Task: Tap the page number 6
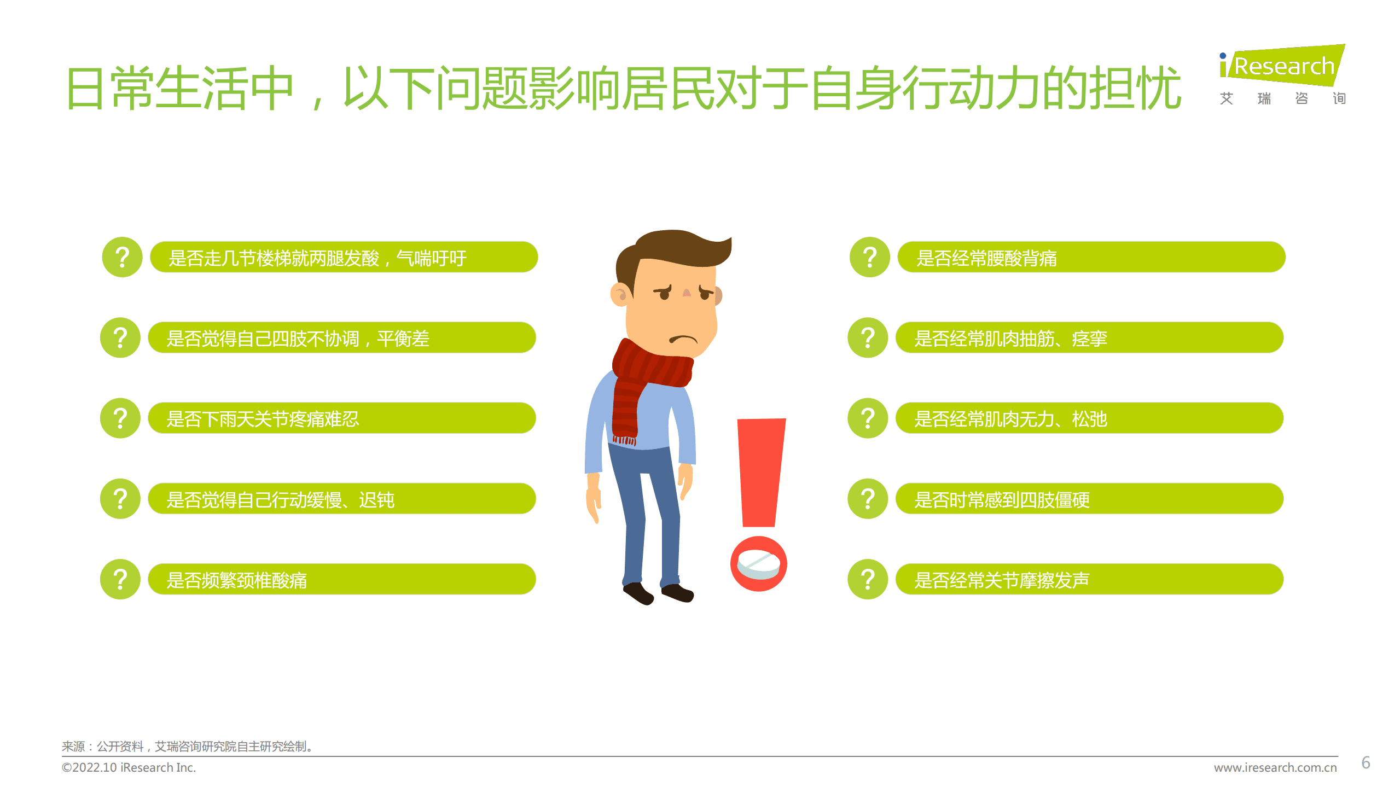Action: point(1366,762)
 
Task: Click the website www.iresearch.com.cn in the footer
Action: point(1275,767)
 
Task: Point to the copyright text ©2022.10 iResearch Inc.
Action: point(129,767)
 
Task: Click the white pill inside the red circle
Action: point(758,563)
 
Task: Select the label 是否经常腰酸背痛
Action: point(986,258)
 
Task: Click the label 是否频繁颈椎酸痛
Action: point(236,580)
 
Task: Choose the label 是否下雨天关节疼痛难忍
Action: point(263,419)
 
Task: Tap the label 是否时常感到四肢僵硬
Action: point(1002,500)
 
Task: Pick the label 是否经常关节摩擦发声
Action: point(1002,580)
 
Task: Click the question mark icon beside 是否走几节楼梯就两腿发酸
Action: point(122,257)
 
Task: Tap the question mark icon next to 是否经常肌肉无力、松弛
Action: point(868,418)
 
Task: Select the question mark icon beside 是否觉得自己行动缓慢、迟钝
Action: point(120,499)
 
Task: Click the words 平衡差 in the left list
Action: point(403,339)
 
